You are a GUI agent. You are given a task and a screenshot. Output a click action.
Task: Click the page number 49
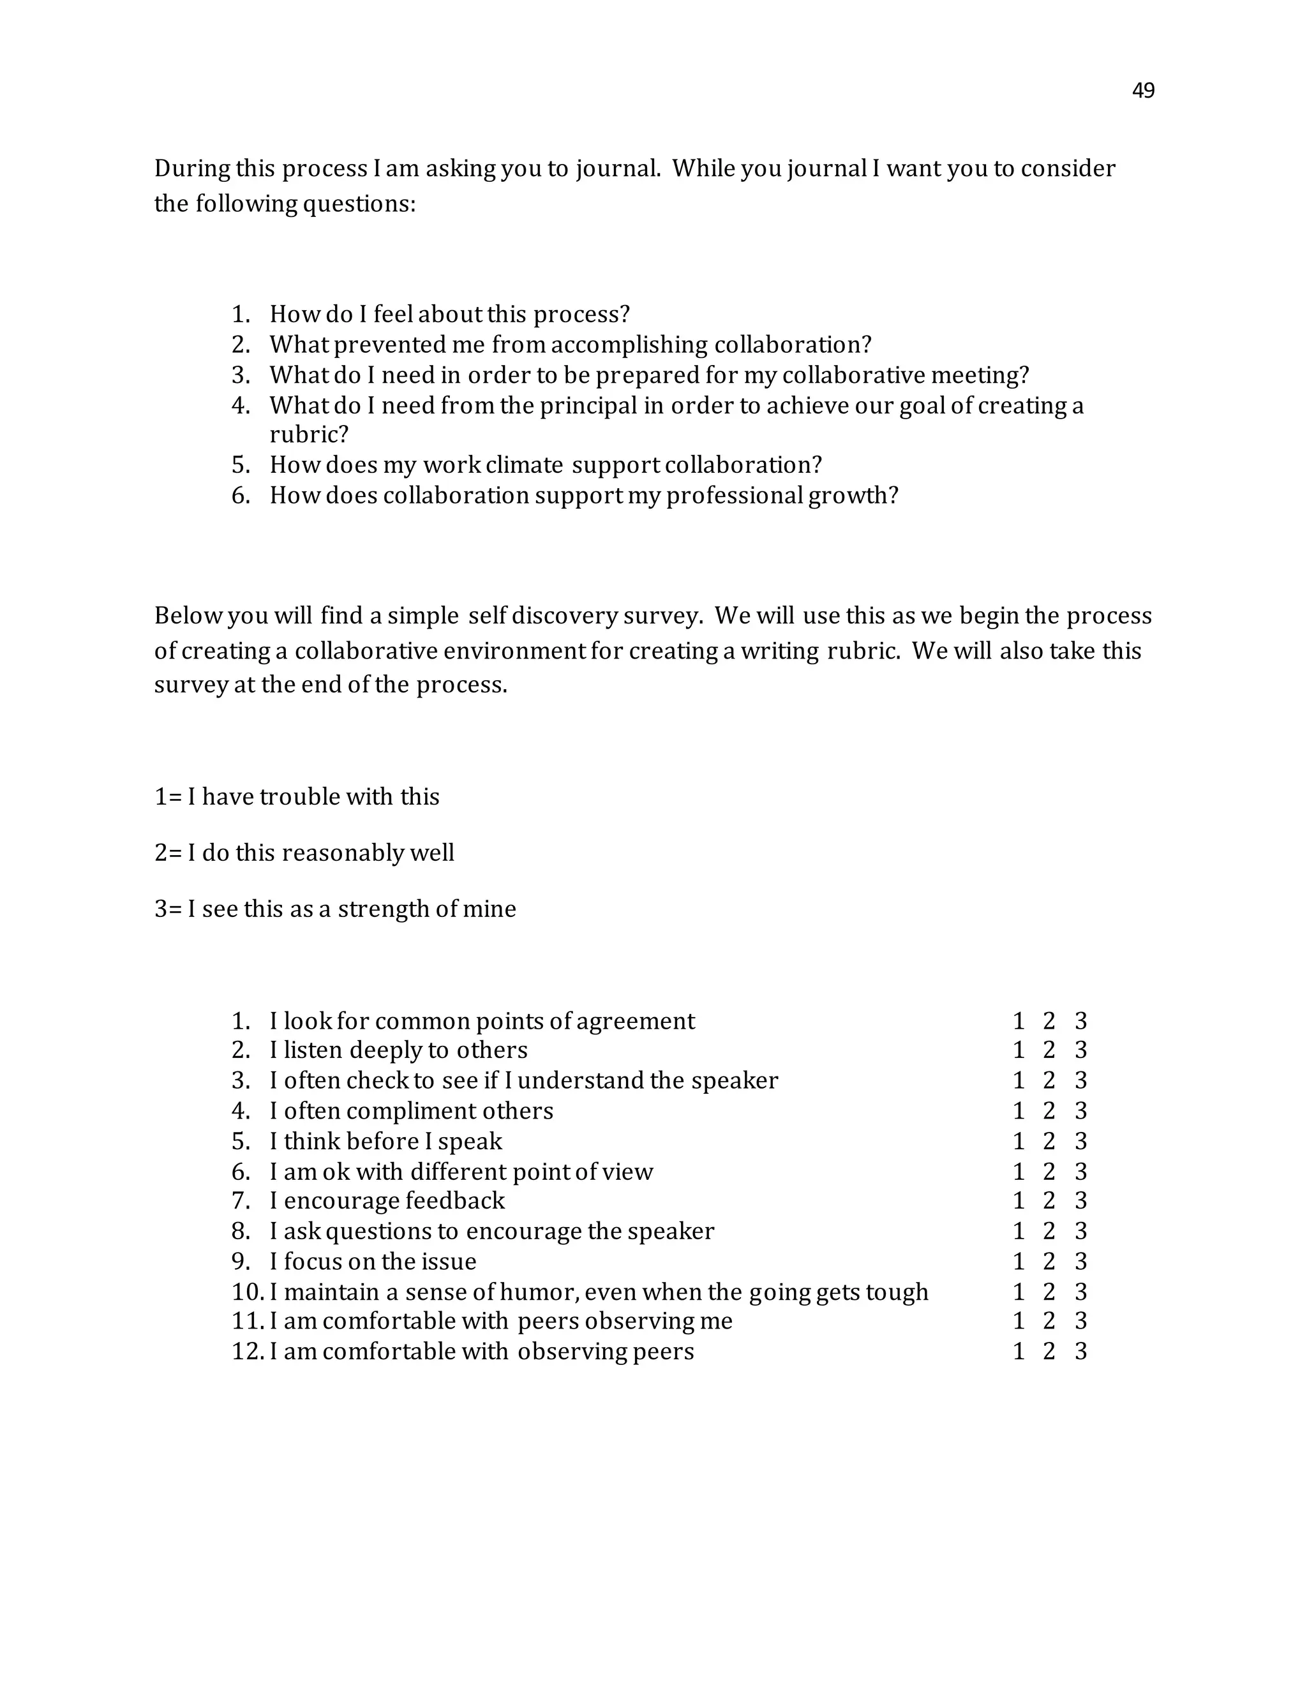(x=1143, y=91)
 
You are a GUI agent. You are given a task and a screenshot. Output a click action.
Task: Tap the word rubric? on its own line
(x=309, y=435)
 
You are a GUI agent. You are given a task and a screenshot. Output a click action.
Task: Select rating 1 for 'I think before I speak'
(x=1019, y=1142)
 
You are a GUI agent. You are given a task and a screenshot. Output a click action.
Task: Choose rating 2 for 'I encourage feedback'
(x=1049, y=1201)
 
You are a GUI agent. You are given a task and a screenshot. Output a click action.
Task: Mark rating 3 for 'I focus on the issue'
(x=1081, y=1262)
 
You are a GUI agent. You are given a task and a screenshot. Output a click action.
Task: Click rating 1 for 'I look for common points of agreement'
(x=1019, y=1021)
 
